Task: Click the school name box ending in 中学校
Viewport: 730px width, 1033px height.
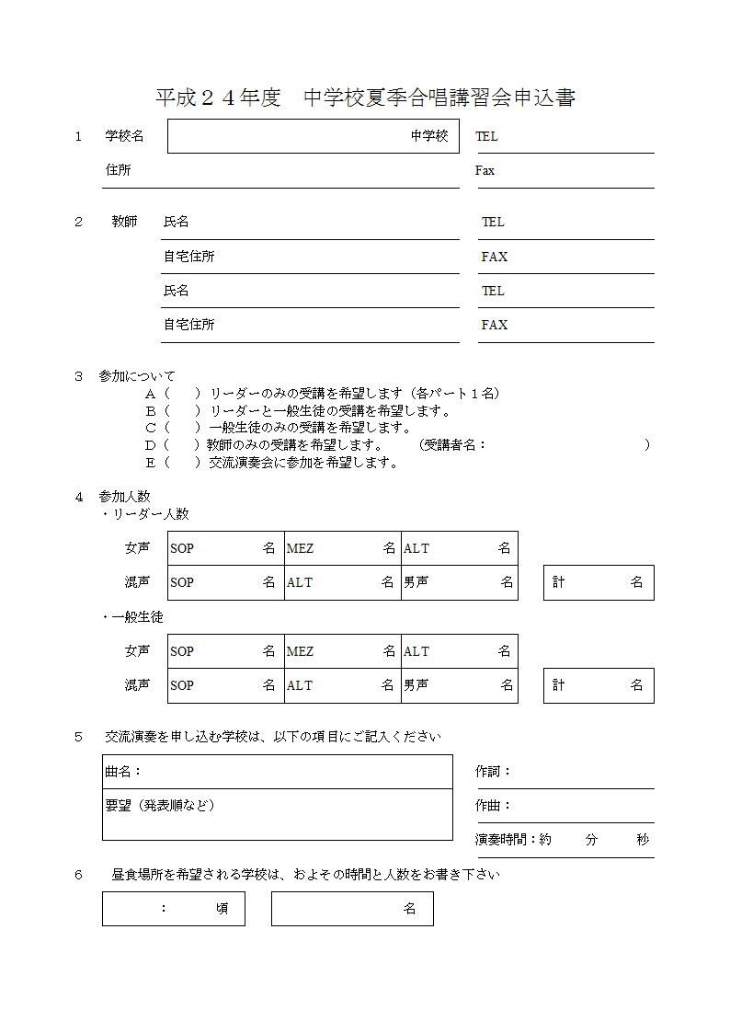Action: pyautogui.click(x=313, y=136)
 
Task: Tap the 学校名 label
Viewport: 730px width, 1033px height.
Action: pyautogui.click(x=124, y=136)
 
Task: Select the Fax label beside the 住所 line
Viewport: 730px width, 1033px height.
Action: pyautogui.click(x=485, y=170)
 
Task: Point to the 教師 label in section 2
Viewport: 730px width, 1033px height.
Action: pyautogui.click(x=124, y=222)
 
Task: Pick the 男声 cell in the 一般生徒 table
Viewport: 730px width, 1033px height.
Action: pyautogui.click(x=459, y=685)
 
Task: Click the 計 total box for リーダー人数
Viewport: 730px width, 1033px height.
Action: pyautogui.click(x=598, y=582)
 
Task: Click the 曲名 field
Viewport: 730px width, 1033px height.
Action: pyautogui.click(x=277, y=772)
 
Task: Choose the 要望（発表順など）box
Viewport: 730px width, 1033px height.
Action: pyautogui.click(x=277, y=814)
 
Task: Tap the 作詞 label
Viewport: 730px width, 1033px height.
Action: pyautogui.click(x=492, y=772)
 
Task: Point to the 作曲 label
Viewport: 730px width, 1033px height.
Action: pyautogui.click(x=492, y=806)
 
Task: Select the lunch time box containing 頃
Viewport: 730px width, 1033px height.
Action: pyautogui.click(x=173, y=909)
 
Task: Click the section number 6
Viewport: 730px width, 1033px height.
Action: pyautogui.click(x=79, y=875)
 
